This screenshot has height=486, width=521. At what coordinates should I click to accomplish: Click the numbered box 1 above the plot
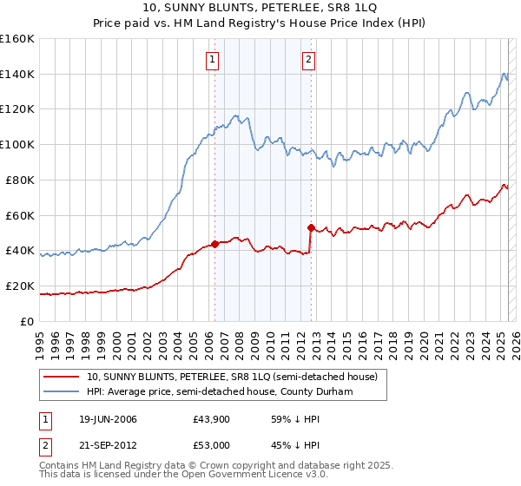coord(213,60)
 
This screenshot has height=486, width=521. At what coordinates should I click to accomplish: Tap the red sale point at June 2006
coord(214,244)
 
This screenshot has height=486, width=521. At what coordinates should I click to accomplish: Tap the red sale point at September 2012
coord(311,227)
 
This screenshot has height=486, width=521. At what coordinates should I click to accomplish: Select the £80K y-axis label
coord(21,180)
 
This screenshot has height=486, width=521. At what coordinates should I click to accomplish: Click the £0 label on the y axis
coord(26,321)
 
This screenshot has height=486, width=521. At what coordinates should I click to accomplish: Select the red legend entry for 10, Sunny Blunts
coord(232,377)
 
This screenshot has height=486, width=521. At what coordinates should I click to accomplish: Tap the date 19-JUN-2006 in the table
coord(105,419)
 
